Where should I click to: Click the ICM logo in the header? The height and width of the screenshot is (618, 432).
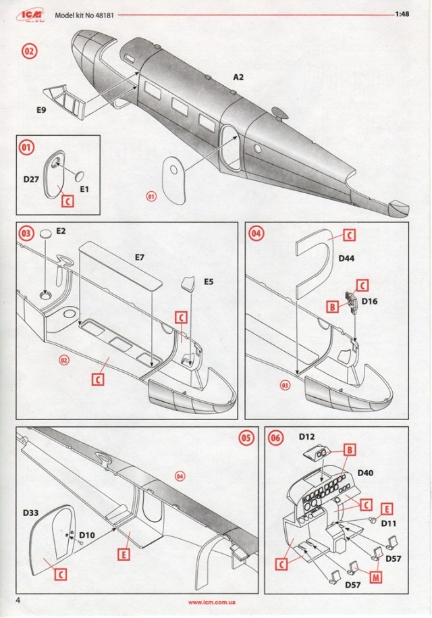pyautogui.click(x=31, y=13)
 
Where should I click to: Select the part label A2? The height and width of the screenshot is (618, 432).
pyautogui.click(x=238, y=78)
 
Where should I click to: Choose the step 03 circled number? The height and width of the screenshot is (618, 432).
pyautogui.click(x=26, y=234)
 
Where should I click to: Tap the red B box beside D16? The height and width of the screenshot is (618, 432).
pyautogui.click(x=331, y=307)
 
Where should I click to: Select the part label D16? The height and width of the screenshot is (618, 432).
pyautogui.click(x=369, y=301)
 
